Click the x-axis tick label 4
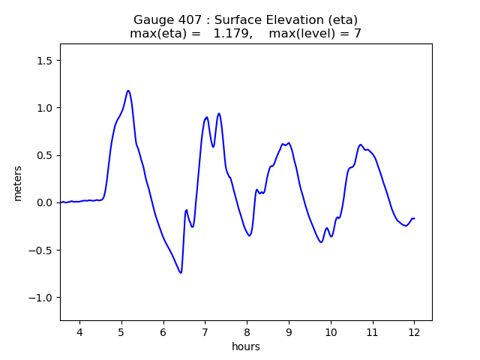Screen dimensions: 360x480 point(79,332)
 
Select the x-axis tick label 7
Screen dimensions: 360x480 point(205,332)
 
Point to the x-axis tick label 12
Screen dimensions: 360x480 point(414,332)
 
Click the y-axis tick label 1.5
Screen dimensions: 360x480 point(46,61)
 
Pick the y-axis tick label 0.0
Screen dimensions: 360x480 point(46,202)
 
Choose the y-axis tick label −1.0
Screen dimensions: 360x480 point(43,298)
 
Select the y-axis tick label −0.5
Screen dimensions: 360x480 point(43,250)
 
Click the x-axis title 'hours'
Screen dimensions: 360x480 point(246,347)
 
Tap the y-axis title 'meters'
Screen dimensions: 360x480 point(18,183)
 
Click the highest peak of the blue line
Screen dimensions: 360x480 point(128,91)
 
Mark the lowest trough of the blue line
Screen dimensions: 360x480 point(180,272)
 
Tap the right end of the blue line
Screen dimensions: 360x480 point(414,218)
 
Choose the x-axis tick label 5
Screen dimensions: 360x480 point(121,332)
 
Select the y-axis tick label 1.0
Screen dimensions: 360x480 point(46,108)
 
